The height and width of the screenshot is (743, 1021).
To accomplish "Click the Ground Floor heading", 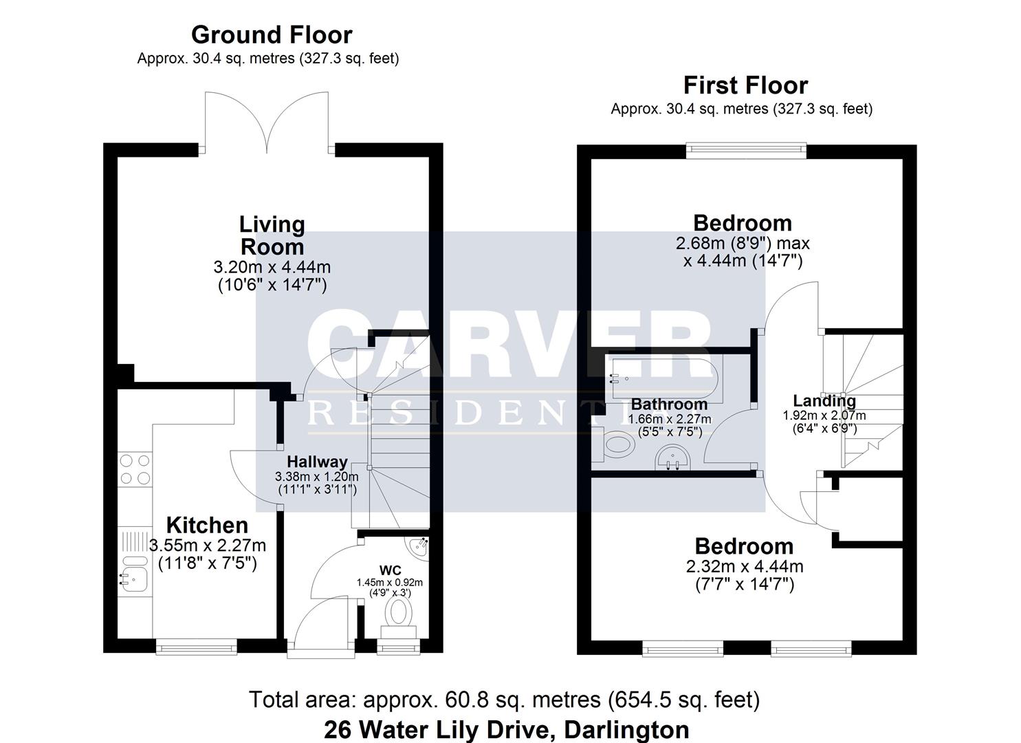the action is pyautogui.click(x=272, y=34).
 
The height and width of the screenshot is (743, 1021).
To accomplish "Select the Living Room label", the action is pyautogui.click(x=272, y=235).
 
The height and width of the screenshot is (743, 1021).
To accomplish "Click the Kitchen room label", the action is pyautogui.click(x=207, y=525).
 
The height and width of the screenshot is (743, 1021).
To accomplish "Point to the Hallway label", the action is pyautogui.click(x=317, y=462).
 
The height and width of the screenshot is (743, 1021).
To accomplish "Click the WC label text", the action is pyautogui.click(x=390, y=570).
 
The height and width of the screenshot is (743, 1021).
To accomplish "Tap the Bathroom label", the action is pyautogui.click(x=669, y=404).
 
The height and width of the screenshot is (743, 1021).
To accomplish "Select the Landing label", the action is pyautogui.click(x=824, y=401).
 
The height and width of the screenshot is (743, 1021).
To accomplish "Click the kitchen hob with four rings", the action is pyautogui.click(x=135, y=469).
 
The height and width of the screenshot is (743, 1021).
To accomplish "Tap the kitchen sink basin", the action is pyautogui.click(x=133, y=579).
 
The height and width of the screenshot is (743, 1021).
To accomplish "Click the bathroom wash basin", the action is pyautogui.click(x=672, y=457).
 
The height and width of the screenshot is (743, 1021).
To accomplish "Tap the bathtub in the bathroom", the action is pyautogui.click(x=665, y=380).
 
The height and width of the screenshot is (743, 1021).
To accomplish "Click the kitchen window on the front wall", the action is pyautogui.click(x=197, y=647).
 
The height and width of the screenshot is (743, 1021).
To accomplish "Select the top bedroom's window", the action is pyautogui.click(x=746, y=151).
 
